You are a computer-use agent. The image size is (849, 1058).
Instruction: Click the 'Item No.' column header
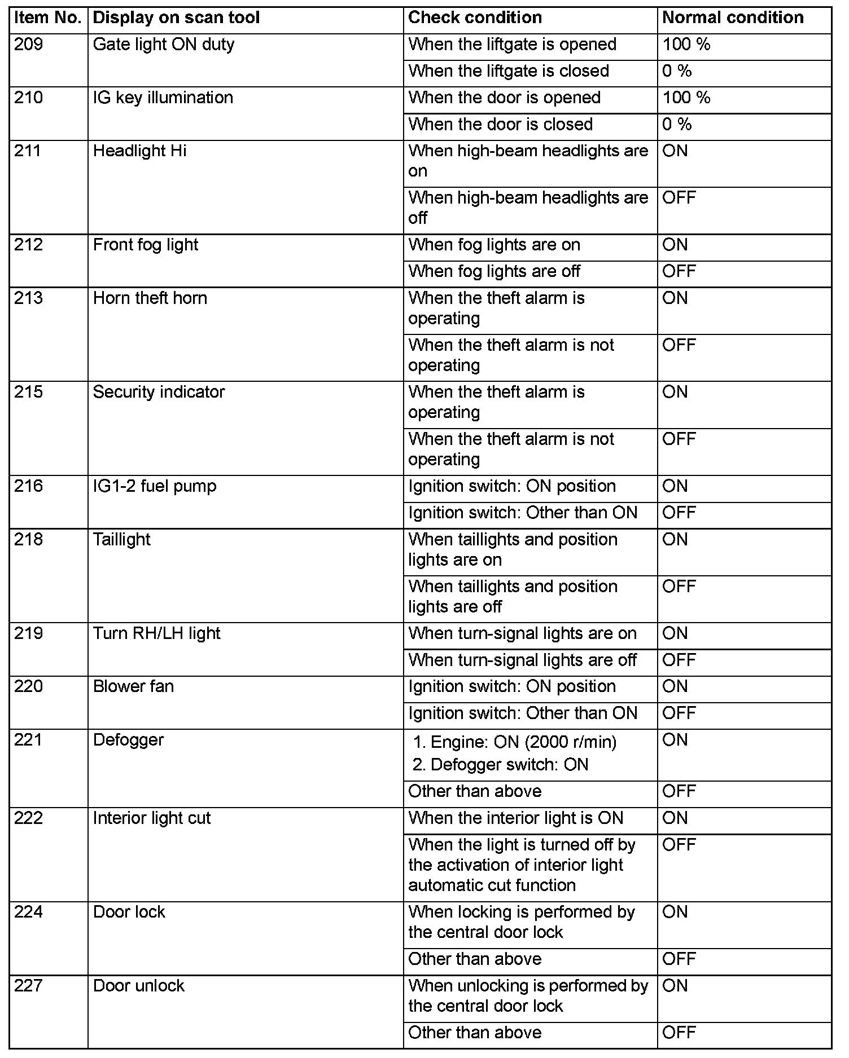click(x=48, y=18)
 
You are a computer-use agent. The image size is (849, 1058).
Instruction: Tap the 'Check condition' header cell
click(x=475, y=18)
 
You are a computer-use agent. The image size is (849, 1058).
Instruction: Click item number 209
click(x=29, y=45)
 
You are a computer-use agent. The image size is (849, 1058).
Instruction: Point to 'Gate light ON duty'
click(x=163, y=45)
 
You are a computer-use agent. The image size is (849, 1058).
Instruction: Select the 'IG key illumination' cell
click(x=163, y=98)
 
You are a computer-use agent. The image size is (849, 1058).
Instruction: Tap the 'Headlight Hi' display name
click(x=139, y=151)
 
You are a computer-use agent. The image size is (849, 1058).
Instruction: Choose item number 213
click(x=29, y=298)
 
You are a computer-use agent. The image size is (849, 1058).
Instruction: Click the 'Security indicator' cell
click(x=159, y=392)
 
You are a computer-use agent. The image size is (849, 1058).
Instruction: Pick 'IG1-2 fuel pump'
click(x=155, y=486)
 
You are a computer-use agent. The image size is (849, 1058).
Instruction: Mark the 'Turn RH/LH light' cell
click(x=156, y=633)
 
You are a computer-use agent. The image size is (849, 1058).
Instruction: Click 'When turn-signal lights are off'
click(x=522, y=660)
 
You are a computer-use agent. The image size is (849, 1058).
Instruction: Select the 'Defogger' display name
click(x=128, y=740)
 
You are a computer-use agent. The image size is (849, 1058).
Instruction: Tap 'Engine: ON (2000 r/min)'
click(x=523, y=742)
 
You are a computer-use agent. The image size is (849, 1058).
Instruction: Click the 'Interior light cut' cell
click(x=151, y=818)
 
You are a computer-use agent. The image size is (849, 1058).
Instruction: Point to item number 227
click(x=29, y=986)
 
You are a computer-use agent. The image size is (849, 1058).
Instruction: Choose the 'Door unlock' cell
click(x=138, y=986)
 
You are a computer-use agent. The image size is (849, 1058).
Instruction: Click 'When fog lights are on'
click(x=494, y=245)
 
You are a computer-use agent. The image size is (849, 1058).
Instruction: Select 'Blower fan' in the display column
click(x=133, y=686)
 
